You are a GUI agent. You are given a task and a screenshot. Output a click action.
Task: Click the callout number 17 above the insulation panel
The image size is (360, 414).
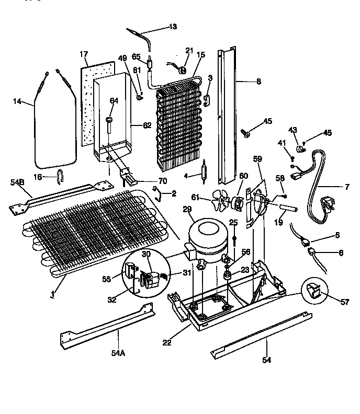(x=84, y=54)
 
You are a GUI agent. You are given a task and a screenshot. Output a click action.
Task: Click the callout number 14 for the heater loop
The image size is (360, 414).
(x=17, y=102)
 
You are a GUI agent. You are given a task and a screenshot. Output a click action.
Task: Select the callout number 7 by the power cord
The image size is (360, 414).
(x=347, y=187)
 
